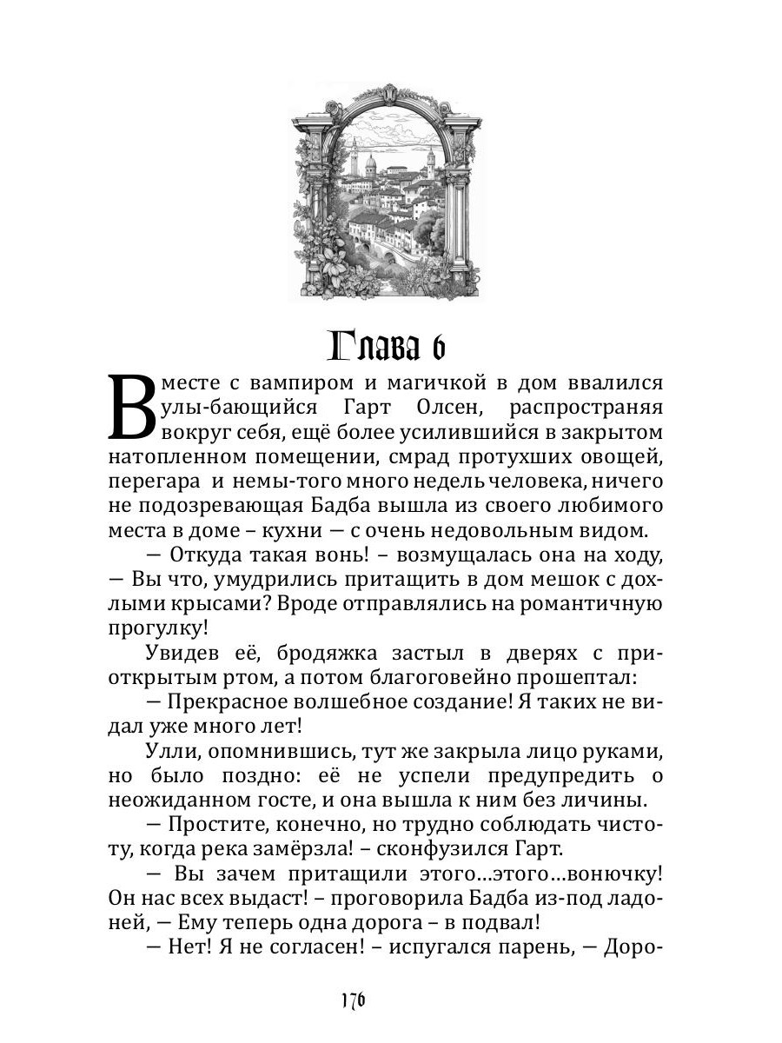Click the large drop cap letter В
coord(133,408)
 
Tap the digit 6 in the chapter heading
coord(435,347)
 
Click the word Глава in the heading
coord(373,347)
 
